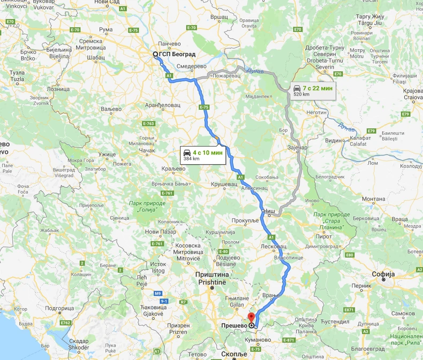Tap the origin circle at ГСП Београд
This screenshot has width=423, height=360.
coord(155,54)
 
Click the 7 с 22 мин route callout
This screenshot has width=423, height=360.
coord(313,90)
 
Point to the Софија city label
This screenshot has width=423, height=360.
coord(384,274)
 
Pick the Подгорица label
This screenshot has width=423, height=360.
coord(59,309)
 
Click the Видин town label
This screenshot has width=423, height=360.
coord(334,140)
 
